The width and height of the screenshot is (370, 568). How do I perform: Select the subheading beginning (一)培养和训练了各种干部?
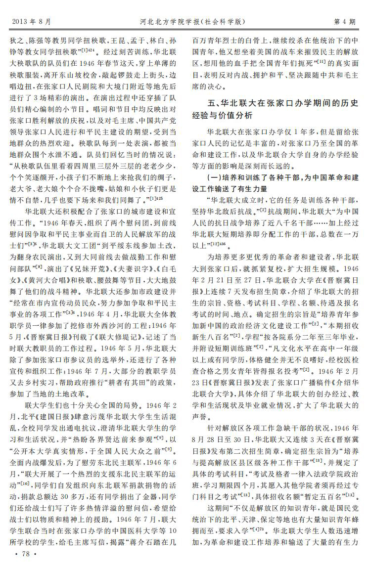pyautogui.click(x=282, y=176)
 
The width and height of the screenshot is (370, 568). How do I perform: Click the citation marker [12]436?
pyautogui.click(x=216, y=244)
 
